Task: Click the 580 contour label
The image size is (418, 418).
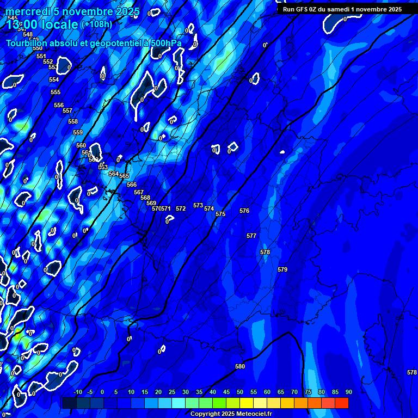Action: (240, 366)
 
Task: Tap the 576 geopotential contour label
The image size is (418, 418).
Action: (244, 211)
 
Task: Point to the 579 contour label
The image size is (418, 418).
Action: (282, 269)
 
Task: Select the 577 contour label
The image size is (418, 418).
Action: (251, 236)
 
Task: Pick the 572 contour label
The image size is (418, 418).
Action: (181, 208)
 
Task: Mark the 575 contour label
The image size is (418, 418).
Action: (220, 214)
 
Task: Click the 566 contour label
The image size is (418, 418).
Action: (132, 185)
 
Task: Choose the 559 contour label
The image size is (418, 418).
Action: (78, 132)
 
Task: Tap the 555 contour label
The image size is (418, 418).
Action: (56, 92)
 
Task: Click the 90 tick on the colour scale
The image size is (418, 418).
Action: (348, 392)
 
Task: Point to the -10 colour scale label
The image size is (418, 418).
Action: (77, 392)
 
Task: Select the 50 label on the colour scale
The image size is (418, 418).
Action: (240, 392)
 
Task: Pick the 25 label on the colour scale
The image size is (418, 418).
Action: (172, 392)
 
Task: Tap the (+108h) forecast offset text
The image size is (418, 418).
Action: (96, 24)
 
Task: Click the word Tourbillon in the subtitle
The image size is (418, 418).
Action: (27, 43)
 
